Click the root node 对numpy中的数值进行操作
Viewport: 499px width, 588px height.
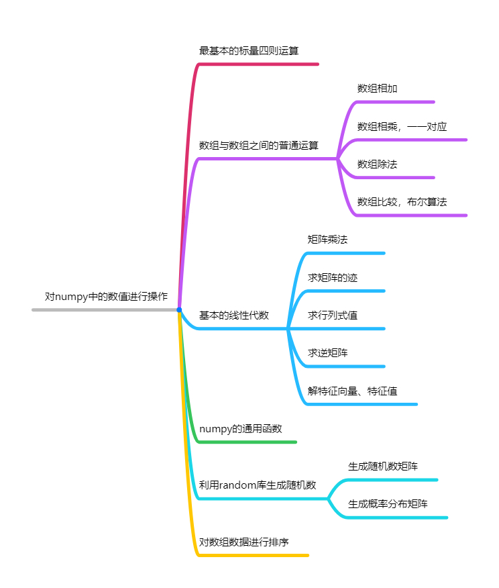click(106, 296)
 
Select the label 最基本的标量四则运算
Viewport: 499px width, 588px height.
click(249, 50)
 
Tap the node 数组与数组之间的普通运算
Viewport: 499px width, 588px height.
click(258, 145)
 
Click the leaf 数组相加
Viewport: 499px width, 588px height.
click(379, 89)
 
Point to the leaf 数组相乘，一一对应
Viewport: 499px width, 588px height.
click(402, 126)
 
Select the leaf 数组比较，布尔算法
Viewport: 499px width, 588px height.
click(402, 201)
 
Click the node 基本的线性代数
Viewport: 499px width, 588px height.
click(233, 315)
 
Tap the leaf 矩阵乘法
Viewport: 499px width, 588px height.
click(327, 240)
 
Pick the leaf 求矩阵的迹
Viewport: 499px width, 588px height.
click(327, 277)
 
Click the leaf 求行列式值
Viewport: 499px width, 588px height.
click(327, 315)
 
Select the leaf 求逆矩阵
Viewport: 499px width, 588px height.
click(327, 352)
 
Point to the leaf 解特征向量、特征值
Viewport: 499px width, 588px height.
click(352, 391)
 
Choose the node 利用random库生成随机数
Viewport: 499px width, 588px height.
click(258, 485)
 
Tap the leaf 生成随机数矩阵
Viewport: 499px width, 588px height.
click(383, 466)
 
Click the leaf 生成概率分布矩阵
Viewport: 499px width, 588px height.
click(388, 503)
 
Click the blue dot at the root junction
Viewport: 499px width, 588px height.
click(179, 309)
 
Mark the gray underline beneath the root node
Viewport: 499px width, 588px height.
click(101, 310)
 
